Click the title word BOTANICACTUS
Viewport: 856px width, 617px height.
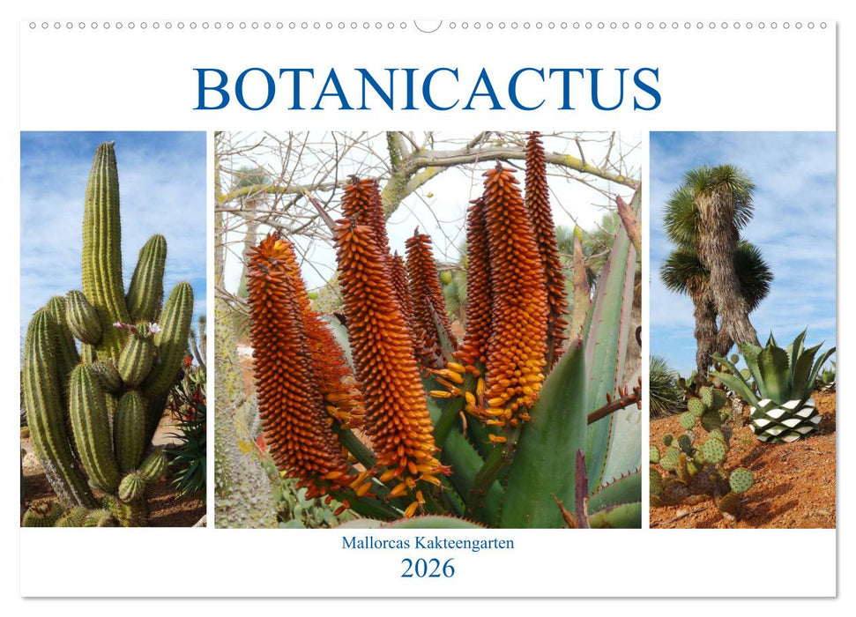[428, 89]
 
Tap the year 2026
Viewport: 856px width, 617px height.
[428, 568]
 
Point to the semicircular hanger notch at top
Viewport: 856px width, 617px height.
[428, 26]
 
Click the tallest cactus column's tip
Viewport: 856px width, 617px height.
[106, 148]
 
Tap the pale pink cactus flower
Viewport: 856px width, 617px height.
[153, 329]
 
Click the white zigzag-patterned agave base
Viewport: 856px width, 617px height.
[785, 419]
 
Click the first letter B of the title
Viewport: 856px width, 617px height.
[212, 89]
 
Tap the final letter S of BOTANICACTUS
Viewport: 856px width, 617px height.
[646, 89]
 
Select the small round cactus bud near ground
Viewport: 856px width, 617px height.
[132, 486]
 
